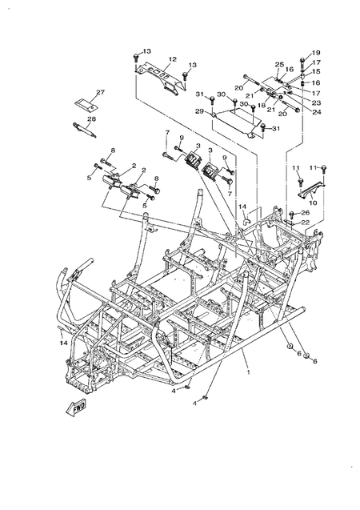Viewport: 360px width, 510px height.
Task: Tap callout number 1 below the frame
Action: [x=248, y=371]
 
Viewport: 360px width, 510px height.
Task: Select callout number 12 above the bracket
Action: [x=172, y=58]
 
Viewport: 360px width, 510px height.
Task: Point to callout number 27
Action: [x=101, y=93]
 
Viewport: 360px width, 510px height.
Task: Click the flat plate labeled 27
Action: [x=82, y=104]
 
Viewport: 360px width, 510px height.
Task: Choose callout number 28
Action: [x=91, y=119]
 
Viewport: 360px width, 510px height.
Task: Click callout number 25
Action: [x=280, y=64]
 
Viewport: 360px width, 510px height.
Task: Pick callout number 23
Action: [x=316, y=102]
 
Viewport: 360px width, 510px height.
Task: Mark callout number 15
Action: [x=316, y=72]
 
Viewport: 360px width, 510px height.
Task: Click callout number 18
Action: [x=261, y=103]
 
